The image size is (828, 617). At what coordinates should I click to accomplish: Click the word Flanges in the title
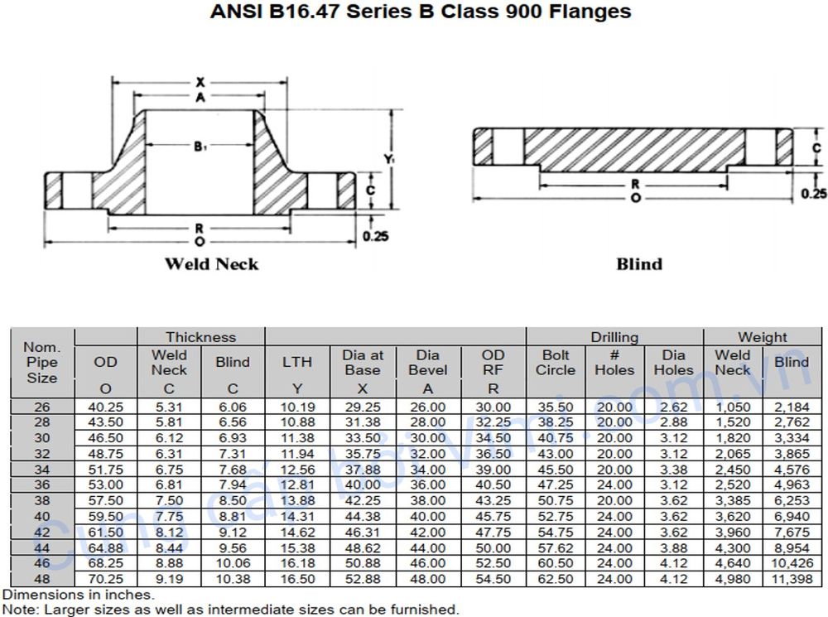[x=584, y=12]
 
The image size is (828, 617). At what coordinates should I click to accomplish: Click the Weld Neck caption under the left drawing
[x=211, y=264]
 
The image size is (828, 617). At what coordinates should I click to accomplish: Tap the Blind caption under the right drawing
[x=639, y=264]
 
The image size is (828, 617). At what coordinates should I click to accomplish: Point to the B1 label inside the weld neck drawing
[x=200, y=147]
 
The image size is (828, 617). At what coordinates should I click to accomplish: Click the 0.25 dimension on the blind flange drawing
[x=814, y=194]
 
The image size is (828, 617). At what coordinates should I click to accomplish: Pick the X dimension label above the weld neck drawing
[x=200, y=82]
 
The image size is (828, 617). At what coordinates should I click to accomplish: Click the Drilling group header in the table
[x=614, y=337]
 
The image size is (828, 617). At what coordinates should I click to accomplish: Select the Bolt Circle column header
[x=555, y=363]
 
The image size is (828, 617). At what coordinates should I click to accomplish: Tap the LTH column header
[x=297, y=362]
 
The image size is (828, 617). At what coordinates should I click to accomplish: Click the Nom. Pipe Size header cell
[x=41, y=363]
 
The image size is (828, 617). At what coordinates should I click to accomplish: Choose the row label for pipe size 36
[x=41, y=484]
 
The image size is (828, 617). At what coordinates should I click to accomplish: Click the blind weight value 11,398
[x=792, y=579]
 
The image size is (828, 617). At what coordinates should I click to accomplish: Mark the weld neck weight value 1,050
[x=732, y=407]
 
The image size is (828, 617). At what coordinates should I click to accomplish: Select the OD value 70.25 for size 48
[x=105, y=579]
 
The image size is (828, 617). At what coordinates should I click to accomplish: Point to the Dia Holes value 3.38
[x=673, y=470]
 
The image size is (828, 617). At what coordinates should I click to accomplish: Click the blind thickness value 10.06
[x=233, y=563]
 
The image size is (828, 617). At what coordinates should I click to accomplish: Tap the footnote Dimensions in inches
[x=78, y=595]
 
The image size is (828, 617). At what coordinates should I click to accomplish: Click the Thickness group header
[x=200, y=337]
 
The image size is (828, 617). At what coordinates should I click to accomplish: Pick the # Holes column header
[x=614, y=363]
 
